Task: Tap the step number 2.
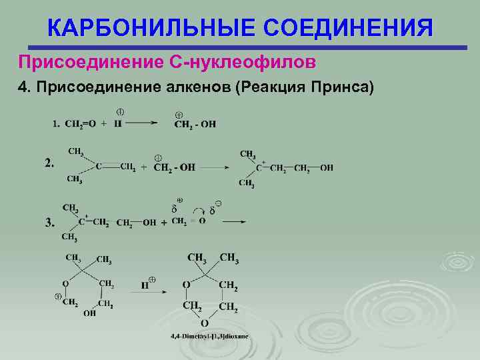(x=50, y=163)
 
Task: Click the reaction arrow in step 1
(x=143, y=123)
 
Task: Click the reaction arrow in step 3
(x=233, y=221)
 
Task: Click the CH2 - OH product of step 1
(x=195, y=124)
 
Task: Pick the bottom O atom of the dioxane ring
(x=205, y=323)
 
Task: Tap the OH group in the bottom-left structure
(x=89, y=314)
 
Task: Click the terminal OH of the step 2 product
(x=326, y=168)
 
